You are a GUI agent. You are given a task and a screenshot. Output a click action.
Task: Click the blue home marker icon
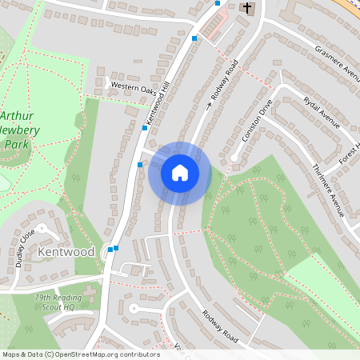179,173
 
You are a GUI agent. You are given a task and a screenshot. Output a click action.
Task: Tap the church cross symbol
248,9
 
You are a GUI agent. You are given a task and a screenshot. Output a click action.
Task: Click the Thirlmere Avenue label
327,190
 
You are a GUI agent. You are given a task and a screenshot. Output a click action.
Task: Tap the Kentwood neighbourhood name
66,252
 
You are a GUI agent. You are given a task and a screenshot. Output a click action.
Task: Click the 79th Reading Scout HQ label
66,301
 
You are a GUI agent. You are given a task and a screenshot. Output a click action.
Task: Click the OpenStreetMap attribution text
80,354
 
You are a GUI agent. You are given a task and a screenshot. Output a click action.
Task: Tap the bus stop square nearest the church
218,3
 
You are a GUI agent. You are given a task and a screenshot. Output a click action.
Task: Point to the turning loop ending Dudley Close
44,230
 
